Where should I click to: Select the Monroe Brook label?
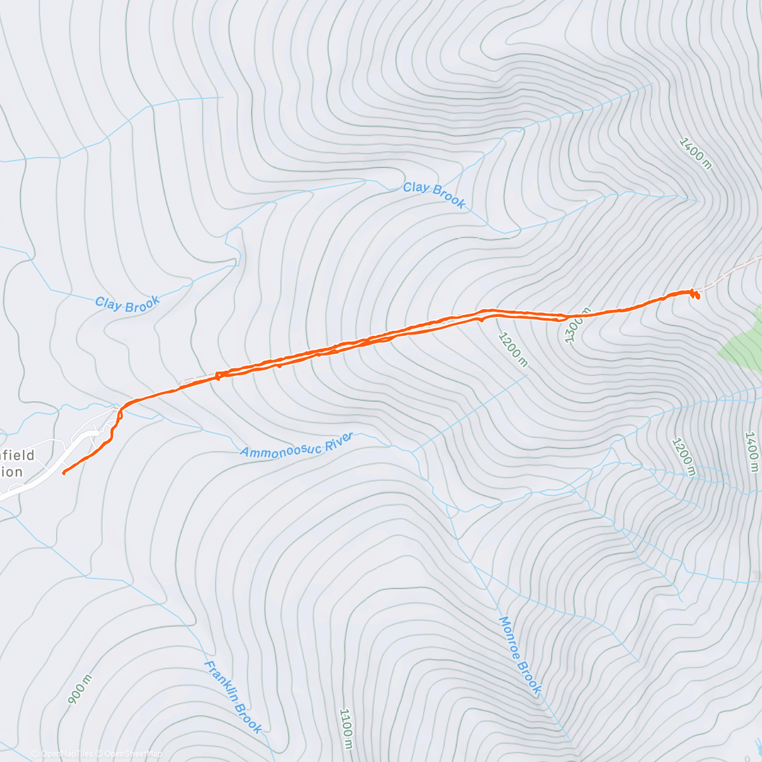(x=520, y=655)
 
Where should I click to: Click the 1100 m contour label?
(x=345, y=728)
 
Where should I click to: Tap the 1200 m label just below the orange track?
(x=512, y=349)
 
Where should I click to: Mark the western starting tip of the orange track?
(x=63, y=472)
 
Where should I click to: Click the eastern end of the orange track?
(x=697, y=295)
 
